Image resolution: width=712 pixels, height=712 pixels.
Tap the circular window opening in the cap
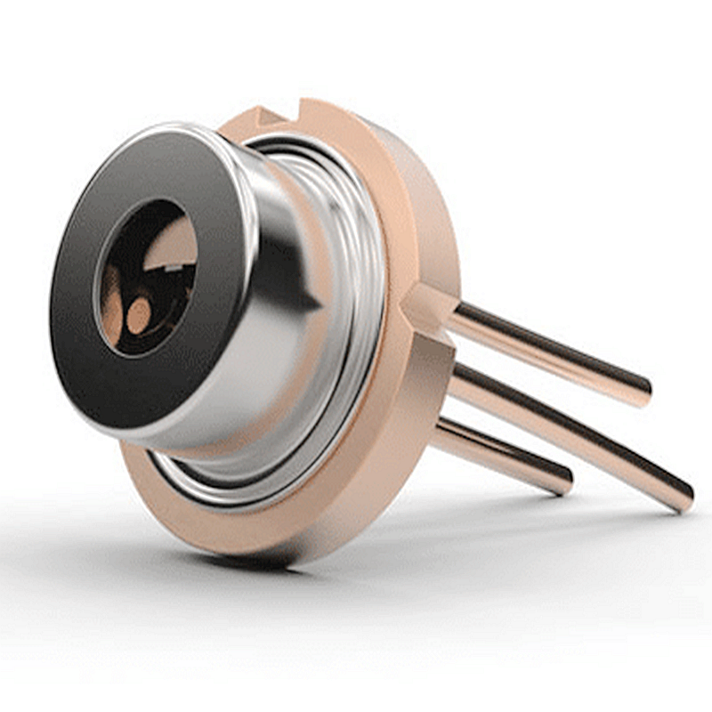coord(147,276)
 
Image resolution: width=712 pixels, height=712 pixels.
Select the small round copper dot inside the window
coord(138,316)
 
